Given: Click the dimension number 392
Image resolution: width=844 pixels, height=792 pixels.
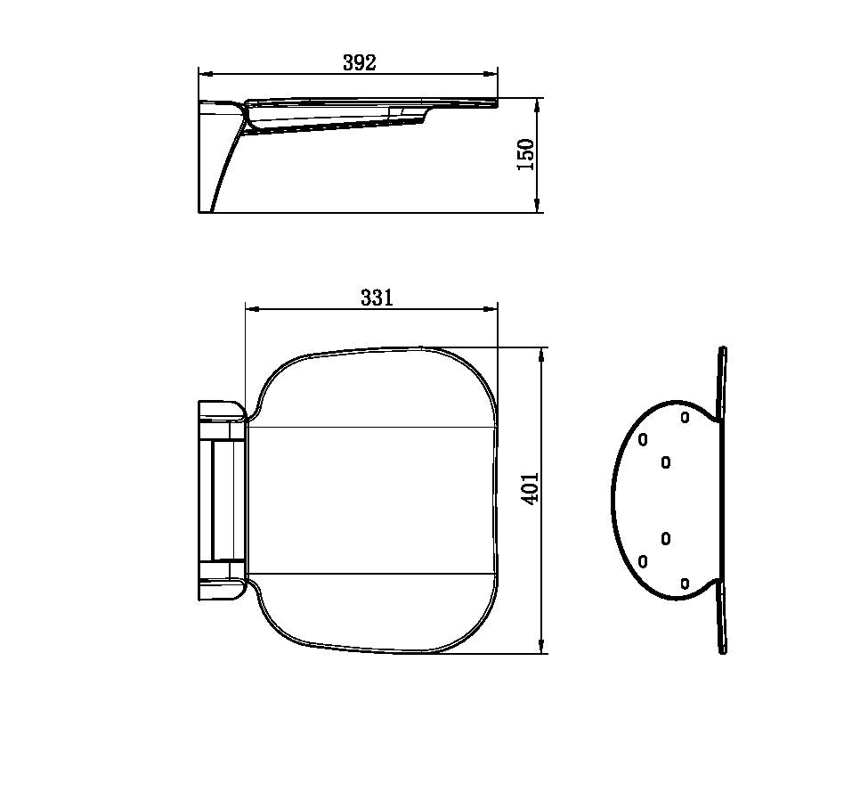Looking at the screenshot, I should click(359, 62).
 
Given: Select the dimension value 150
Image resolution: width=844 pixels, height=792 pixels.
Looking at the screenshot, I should click(526, 154).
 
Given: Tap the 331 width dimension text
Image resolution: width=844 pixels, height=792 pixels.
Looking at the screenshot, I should click(376, 298).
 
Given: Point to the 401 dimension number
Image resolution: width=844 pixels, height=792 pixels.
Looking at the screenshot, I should click(530, 489).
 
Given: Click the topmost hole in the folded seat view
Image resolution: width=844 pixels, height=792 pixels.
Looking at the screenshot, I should click(685, 416).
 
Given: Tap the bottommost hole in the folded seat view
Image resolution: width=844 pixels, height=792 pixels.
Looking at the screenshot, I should click(685, 584).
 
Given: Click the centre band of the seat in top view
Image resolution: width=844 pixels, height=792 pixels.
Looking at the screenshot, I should click(371, 501).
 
